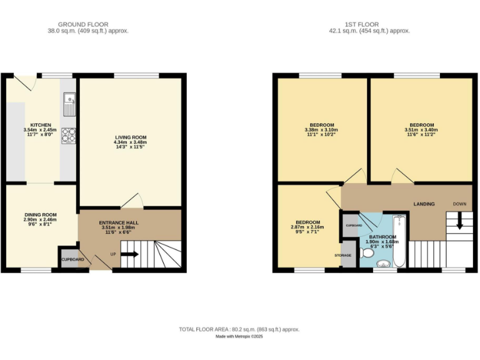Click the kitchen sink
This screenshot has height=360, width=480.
68,104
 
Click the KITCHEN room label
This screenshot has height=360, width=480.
41,125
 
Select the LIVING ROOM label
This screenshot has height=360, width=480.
131,137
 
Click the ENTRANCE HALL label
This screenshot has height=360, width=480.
119,222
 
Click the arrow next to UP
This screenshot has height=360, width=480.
130,254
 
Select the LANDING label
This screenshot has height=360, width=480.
424,204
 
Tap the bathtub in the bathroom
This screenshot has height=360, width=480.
399,241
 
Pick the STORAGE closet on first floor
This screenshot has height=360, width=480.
346,256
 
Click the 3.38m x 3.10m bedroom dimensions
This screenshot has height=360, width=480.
321,129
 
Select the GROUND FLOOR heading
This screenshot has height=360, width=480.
88,24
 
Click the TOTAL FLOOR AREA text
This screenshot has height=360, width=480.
239,329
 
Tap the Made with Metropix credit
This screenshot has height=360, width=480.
239,336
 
